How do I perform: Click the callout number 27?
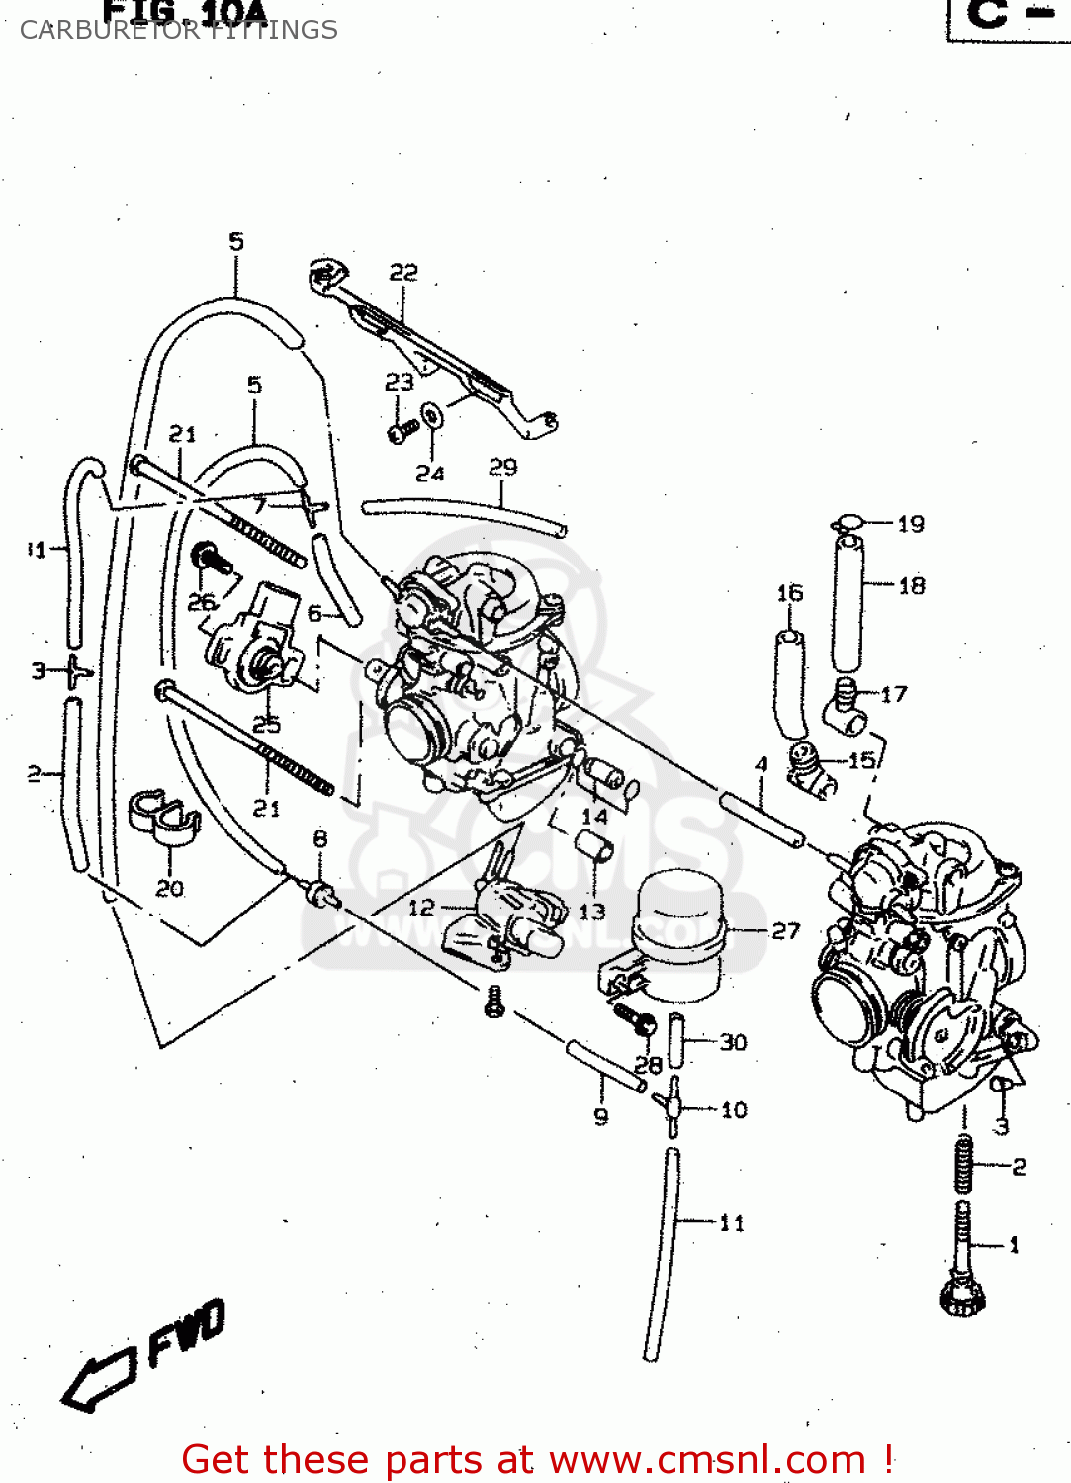pos(785,930)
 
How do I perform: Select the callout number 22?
pos(403,272)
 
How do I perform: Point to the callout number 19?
pos(911,524)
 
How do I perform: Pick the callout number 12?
pos(421,907)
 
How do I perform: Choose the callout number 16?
pos(789,593)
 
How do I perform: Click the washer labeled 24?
pos(432,416)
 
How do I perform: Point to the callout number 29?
pos(503,467)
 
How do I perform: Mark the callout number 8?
pos(320,839)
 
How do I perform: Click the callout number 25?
pos(266,725)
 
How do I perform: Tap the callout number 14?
pos(594,817)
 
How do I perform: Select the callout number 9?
pos(601,1117)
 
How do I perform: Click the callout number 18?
pos(912,586)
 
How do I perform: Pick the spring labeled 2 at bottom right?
pos(964,1165)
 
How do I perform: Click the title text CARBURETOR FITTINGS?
pos(179,30)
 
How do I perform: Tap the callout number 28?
pos(648,1065)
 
